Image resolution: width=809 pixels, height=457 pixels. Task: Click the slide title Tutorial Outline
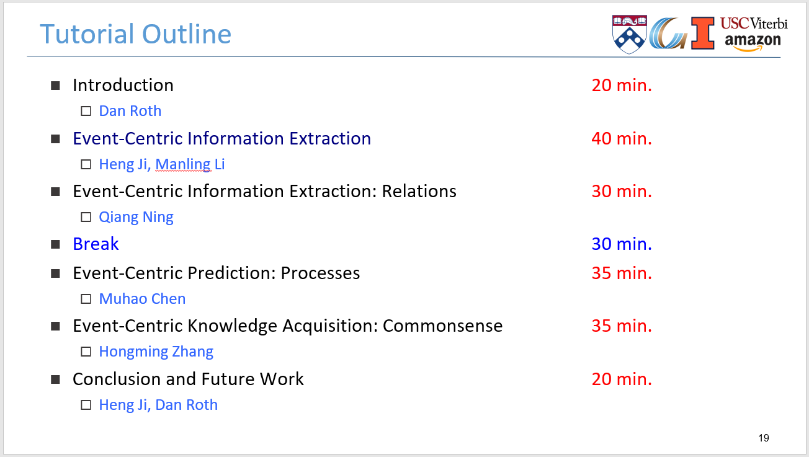point(135,34)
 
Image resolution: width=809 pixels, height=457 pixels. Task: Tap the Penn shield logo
point(629,34)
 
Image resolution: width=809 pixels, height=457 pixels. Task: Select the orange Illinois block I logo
point(702,33)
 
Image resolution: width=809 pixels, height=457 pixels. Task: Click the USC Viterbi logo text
point(754,24)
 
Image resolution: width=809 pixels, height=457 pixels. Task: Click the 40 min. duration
point(622,139)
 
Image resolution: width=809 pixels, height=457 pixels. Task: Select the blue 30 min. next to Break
point(622,244)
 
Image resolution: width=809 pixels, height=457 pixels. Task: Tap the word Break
point(96,244)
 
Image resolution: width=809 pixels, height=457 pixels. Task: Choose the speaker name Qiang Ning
point(136,217)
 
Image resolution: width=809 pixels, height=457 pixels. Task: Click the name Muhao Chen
point(142,299)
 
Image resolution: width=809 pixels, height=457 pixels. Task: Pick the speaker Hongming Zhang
point(156,352)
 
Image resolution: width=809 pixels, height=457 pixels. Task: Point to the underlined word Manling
point(184,164)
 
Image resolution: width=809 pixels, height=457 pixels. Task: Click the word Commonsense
point(443,326)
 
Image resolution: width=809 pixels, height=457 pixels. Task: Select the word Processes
point(320,273)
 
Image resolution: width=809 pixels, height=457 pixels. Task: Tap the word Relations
point(419,192)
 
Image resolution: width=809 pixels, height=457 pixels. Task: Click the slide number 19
point(764,438)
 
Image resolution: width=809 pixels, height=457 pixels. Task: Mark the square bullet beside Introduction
point(55,86)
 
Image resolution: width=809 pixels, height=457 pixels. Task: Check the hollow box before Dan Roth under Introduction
point(86,111)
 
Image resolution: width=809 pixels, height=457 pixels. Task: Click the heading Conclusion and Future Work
point(188,379)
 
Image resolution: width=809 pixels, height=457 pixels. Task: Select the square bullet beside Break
point(55,244)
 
